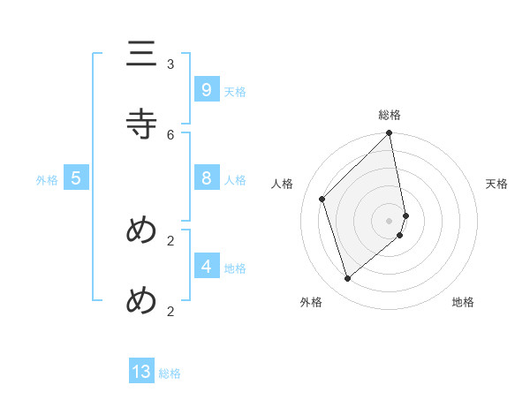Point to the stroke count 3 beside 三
(x=170, y=64)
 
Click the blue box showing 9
(x=206, y=89)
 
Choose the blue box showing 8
(x=206, y=177)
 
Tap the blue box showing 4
(x=206, y=265)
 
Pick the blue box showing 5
(x=76, y=177)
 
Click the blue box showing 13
(x=141, y=372)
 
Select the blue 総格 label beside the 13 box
(x=170, y=373)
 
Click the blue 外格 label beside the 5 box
(x=47, y=180)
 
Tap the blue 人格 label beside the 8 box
(x=235, y=180)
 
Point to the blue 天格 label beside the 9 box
(x=235, y=92)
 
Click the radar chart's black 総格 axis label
(x=390, y=115)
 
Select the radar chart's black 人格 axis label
(x=283, y=184)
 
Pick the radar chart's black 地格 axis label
(x=463, y=302)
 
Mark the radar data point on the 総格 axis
(x=390, y=133)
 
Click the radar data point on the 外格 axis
(x=348, y=279)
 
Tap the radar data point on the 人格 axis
(x=322, y=199)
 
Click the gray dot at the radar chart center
(x=390, y=220)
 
